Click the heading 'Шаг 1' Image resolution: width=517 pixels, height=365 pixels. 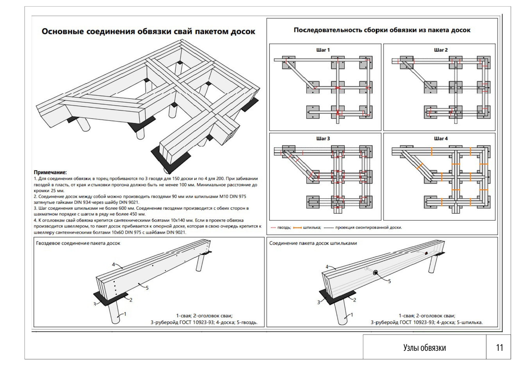323,50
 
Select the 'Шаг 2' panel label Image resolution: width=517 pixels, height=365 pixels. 441,50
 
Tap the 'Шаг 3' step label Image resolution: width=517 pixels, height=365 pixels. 323,139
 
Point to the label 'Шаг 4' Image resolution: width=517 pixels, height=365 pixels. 441,139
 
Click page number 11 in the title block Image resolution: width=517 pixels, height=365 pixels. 499,348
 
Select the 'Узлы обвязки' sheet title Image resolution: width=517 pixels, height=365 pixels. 424,348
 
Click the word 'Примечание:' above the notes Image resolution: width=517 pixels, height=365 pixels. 50,172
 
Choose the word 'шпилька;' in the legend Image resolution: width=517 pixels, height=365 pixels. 312,228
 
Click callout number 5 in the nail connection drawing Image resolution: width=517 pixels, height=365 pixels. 147,288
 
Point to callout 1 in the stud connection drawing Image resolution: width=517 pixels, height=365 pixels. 352,315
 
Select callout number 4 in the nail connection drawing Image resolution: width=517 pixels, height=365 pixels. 113,264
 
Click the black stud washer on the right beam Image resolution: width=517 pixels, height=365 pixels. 375,273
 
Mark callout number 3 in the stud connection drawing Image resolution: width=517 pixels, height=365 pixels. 319,302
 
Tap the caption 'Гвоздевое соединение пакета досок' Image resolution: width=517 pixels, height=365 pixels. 78,243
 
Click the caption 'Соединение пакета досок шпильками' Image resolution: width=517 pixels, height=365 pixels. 313,243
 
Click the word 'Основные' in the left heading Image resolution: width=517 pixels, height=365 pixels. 63,31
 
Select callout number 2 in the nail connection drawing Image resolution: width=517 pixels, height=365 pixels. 131,300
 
